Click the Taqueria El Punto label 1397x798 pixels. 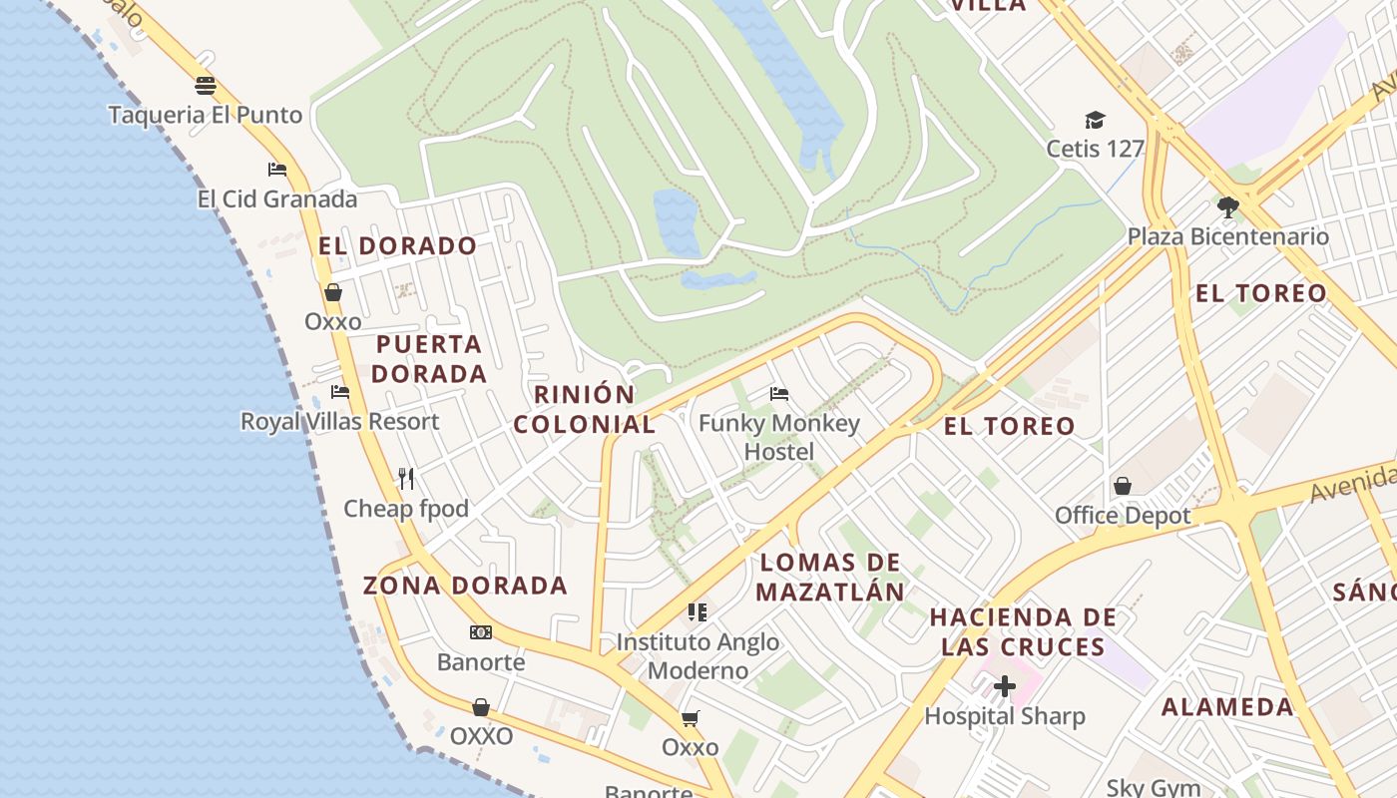pyautogui.click(x=205, y=115)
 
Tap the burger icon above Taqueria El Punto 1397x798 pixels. pyautogui.click(x=206, y=85)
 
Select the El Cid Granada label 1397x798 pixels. pyautogui.click(x=276, y=199)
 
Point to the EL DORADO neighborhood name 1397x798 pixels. pyautogui.click(x=398, y=245)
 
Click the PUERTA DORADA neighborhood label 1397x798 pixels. pyautogui.click(x=430, y=359)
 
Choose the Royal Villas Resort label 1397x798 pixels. pyautogui.click(x=339, y=421)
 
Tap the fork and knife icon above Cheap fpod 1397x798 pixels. pyautogui.click(x=406, y=479)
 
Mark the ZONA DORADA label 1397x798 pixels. pyautogui.click(x=465, y=586)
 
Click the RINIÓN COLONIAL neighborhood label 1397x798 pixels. pyautogui.click(x=585, y=409)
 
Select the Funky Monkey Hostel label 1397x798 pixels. pyautogui.click(x=779, y=437)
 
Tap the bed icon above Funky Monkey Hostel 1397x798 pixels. pyautogui.click(x=779, y=394)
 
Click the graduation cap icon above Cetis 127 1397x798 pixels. pyautogui.click(x=1095, y=121)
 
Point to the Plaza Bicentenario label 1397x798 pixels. pyautogui.click(x=1228, y=236)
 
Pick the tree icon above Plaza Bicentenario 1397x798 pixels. pyautogui.click(x=1228, y=207)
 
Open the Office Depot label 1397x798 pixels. pyautogui.click(x=1123, y=516)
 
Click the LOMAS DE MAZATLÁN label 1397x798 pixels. pyautogui.click(x=829, y=578)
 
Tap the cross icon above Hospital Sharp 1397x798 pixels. pyautogui.click(x=1005, y=686)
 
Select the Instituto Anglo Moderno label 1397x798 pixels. pyautogui.click(x=698, y=655)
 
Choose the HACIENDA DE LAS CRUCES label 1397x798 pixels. pyautogui.click(x=1023, y=631)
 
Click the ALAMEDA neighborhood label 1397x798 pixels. pyautogui.click(x=1227, y=707)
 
